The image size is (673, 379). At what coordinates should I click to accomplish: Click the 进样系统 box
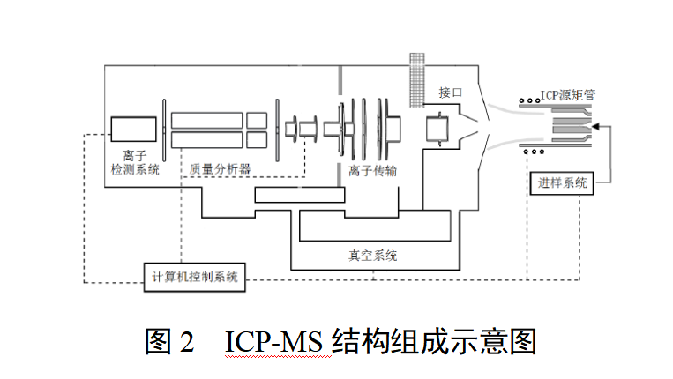[x=562, y=183]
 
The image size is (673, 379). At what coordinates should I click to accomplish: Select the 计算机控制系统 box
[x=194, y=276]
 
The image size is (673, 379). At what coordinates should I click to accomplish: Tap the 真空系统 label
[x=372, y=256]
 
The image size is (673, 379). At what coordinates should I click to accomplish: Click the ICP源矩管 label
[x=567, y=94]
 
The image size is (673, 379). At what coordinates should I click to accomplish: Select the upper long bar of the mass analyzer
[x=206, y=119]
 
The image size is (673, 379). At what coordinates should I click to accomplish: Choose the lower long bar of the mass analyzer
[x=206, y=139]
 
